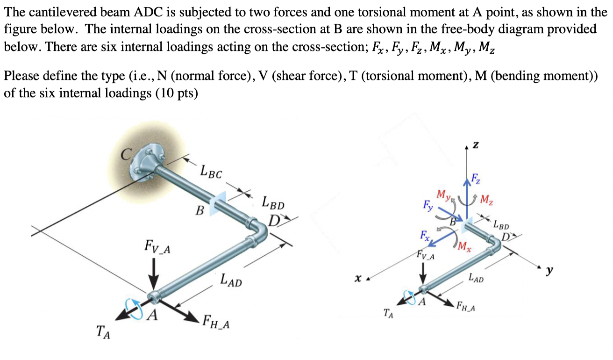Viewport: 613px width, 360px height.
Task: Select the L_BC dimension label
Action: (x=211, y=172)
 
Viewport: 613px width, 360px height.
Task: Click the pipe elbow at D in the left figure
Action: (x=257, y=228)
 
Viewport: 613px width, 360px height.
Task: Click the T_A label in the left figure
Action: (x=103, y=333)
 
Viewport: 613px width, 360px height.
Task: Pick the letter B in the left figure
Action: (x=200, y=210)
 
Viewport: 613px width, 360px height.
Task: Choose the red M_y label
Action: (x=442, y=194)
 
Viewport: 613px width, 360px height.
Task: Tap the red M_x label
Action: (x=465, y=246)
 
